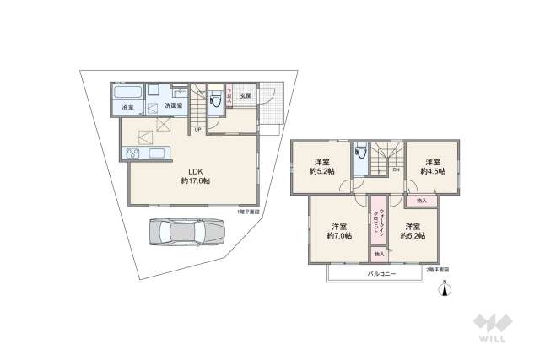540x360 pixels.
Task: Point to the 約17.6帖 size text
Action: tap(195, 181)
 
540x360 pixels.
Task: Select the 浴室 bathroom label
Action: tap(127, 107)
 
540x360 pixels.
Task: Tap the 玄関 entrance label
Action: tap(246, 96)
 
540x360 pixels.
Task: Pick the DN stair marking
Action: tap(396, 169)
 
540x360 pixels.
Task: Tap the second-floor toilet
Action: tap(361, 153)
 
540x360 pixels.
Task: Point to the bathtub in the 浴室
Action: tap(127, 91)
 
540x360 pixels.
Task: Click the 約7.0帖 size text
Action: tap(339, 237)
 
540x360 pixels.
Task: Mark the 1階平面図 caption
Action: tap(249, 212)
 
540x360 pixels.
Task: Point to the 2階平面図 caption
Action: tap(437, 269)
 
